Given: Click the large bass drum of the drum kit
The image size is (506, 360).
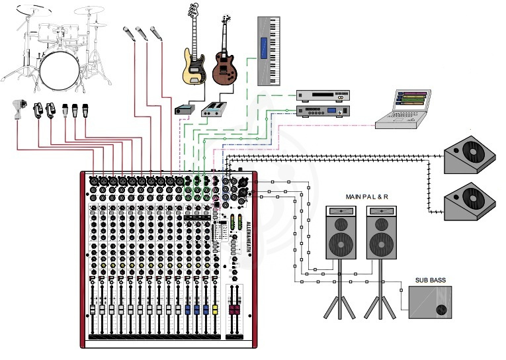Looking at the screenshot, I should click(59, 66).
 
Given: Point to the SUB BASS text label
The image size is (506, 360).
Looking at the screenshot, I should click(431, 281).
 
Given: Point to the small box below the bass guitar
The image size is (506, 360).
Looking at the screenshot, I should click(184, 109).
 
